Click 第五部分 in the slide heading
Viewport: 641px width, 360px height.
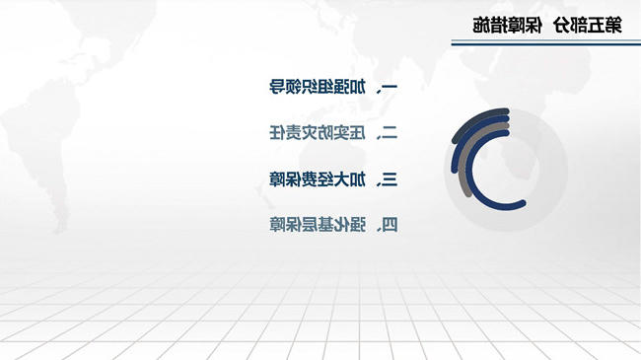pos(589,26)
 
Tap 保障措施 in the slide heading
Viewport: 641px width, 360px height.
pos(507,26)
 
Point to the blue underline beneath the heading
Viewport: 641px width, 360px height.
pos(545,42)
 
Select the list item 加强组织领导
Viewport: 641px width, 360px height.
pos(318,87)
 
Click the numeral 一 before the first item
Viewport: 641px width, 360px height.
pos(390,87)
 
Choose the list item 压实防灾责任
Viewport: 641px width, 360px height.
pos(318,132)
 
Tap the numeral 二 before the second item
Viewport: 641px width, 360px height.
pos(390,132)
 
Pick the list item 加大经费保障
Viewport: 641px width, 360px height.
pos(318,180)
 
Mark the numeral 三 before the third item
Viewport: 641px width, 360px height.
pos(390,180)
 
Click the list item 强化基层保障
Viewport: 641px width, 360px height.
pos(318,225)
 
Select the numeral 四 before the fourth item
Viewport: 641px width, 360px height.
pos(390,225)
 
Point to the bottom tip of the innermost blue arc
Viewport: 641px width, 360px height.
pos(523,203)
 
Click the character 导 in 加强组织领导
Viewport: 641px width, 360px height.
pos(277,87)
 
